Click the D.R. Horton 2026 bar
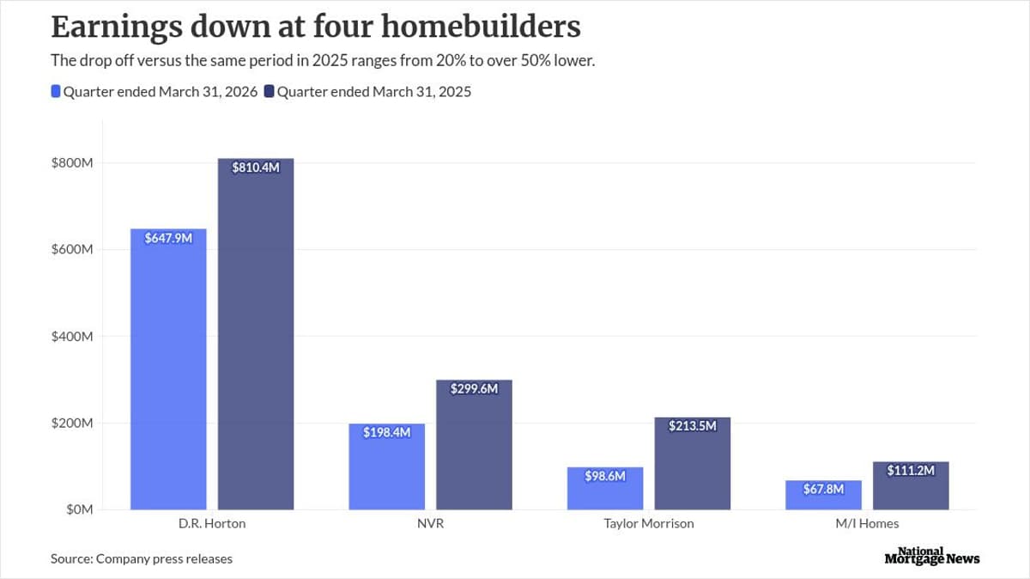pyautogui.click(x=168, y=369)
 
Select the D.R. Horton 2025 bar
pyautogui.click(x=256, y=334)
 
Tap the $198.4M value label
pyautogui.click(x=386, y=432)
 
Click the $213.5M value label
pyautogui.click(x=692, y=425)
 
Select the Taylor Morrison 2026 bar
pyautogui.click(x=605, y=489)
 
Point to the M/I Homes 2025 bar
pyautogui.click(x=911, y=485)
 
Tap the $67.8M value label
pyautogui.click(x=824, y=489)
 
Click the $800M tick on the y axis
pyautogui.click(x=72, y=163)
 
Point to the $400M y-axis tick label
pyautogui.click(x=72, y=337)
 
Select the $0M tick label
pyautogui.click(x=78, y=509)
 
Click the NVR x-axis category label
pyautogui.click(x=430, y=523)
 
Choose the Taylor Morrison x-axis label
pyautogui.click(x=649, y=523)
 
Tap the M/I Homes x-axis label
pyautogui.click(x=867, y=523)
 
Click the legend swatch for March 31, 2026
pyautogui.click(x=56, y=92)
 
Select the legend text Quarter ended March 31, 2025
pyautogui.click(x=374, y=92)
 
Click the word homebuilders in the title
pyautogui.click(x=480, y=27)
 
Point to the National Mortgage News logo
pyautogui.click(x=931, y=556)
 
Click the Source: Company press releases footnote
pyautogui.click(x=142, y=558)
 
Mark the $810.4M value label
pyautogui.click(x=256, y=168)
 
